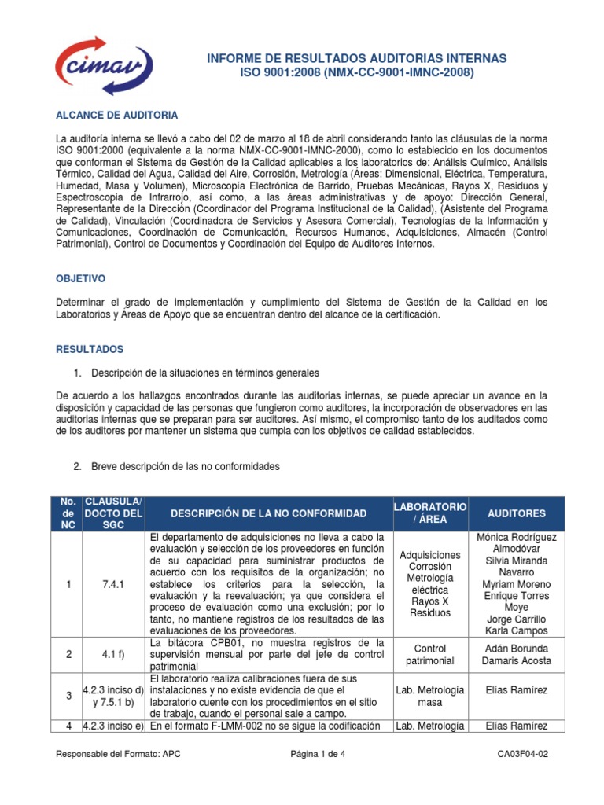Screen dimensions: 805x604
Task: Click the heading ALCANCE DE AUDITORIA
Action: [116, 115]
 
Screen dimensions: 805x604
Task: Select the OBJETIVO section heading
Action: [79, 279]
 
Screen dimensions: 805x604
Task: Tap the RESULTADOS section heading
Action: [90, 348]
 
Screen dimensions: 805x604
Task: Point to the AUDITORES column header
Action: [516, 513]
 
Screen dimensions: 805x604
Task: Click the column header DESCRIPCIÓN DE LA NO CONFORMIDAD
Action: [269, 513]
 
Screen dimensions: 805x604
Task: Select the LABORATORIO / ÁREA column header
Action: [430, 513]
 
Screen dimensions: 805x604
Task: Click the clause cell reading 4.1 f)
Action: [112, 654]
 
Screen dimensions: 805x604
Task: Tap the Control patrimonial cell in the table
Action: [429, 654]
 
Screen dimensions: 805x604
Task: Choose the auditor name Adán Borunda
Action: [516, 648]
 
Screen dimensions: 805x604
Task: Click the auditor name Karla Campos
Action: [516, 631]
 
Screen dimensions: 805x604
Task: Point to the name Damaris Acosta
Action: [516, 661]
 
